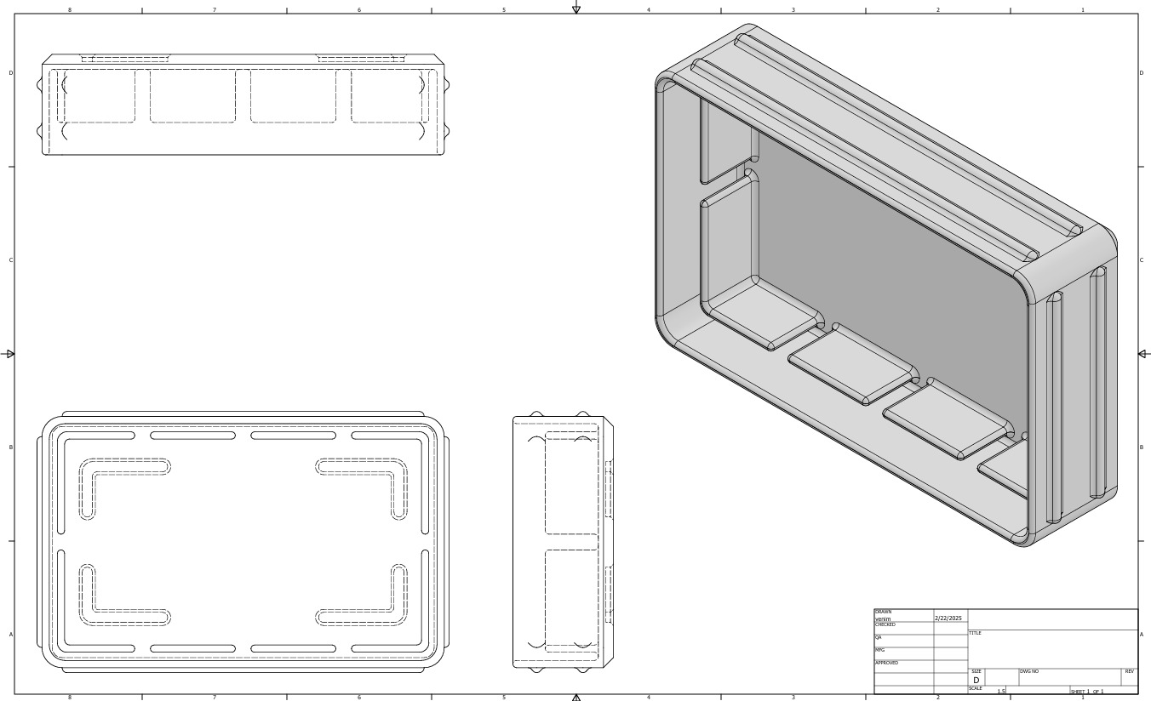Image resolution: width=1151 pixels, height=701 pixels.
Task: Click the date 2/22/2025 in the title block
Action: click(x=948, y=618)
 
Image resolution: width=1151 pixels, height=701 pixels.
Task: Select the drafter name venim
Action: click(x=882, y=619)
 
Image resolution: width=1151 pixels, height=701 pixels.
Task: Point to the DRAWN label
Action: click(x=883, y=613)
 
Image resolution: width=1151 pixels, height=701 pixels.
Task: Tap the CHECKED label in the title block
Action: click(x=885, y=625)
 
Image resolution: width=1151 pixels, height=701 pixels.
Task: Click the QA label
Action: click(x=878, y=637)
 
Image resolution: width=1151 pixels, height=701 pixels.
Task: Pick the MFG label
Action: click(x=879, y=650)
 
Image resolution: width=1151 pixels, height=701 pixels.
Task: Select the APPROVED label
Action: click(x=886, y=663)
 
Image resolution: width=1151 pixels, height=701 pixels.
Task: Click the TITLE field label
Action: click(x=975, y=633)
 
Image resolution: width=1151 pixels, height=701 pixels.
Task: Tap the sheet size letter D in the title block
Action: click(x=976, y=681)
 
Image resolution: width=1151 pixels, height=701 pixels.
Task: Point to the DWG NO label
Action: click(x=1028, y=672)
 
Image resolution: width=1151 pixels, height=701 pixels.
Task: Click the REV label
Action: click(x=1129, y=672)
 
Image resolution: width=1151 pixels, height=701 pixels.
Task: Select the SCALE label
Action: click(x=975, y=689)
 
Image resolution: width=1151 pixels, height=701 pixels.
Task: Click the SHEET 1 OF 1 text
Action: click(x=1086, y=692)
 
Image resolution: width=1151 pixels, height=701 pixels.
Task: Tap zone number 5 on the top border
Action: click(x=503, y=10)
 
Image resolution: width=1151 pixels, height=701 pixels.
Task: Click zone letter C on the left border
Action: click(x=10, y=260)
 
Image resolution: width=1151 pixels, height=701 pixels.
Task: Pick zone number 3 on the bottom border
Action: click(x=793, y=698)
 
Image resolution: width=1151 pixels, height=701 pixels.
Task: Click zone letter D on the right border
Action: click(x=1142, y=73)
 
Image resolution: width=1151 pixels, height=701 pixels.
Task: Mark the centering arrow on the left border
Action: click(x=10, y=354)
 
